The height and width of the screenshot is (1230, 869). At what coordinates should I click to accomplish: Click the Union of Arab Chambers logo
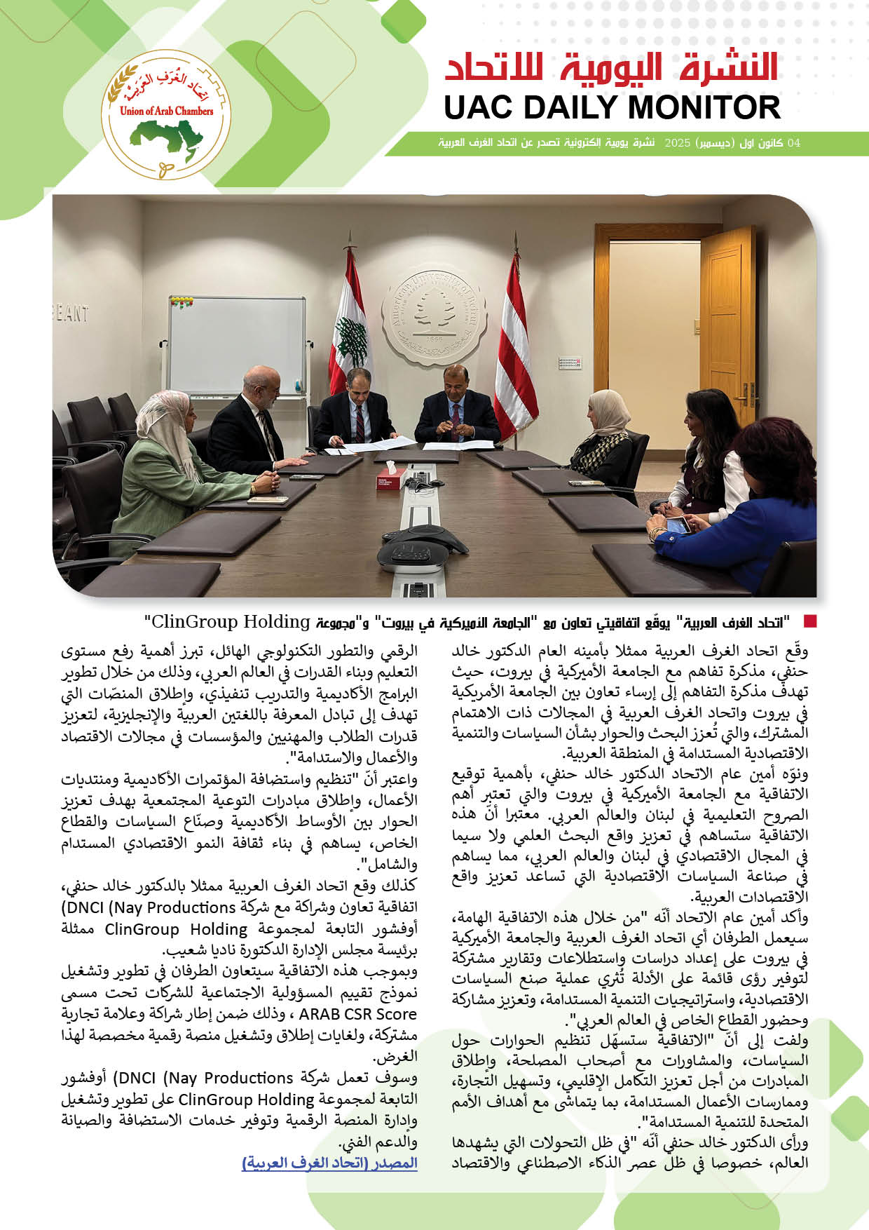click(x=166, y=115)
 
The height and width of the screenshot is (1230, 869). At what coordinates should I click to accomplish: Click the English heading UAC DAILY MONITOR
click(x=612, y=108)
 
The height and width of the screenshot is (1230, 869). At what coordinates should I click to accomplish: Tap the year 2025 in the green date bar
click(x=678, y=143)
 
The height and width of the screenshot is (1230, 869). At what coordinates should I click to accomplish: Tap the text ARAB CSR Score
click(x=357, y=1014)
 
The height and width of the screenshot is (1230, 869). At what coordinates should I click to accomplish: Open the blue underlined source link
click(x=329, y=1163)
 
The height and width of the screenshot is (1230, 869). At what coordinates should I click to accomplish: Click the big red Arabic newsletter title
click(x=612, y=68)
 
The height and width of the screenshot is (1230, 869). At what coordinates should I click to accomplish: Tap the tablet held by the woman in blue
click(x=677, y=525)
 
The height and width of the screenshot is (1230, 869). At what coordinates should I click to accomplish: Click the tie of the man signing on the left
click(x=359, y=420)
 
